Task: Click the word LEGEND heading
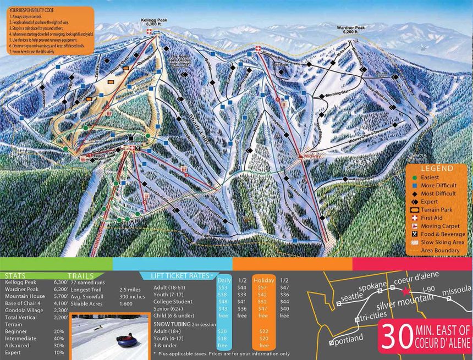[437, 169]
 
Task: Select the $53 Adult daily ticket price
[223, 287]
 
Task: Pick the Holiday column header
[263, 280]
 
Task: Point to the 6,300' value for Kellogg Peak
[61, 282]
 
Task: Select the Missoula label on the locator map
[455, 290]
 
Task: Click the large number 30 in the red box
[397, 333]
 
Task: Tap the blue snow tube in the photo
[127, 342]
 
